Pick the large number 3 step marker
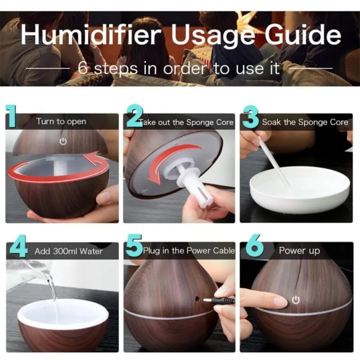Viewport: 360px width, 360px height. pyautogui.click(x=251, y=117)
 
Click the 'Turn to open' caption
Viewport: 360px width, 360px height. pyautogui.click(x=61, y=122)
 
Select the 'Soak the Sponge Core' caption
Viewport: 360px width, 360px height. pyautogui.click(x=305, y=122)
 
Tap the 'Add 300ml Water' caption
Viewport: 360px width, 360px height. pyautogui.click(x=69, y=251)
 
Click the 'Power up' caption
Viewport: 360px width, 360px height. pyautogui.click(x=299, y=251)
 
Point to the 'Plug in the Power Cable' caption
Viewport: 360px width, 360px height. pyautogui.click(x=188, y=251)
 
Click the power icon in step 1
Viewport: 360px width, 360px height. pyautogui.click(x=63, y=142)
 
